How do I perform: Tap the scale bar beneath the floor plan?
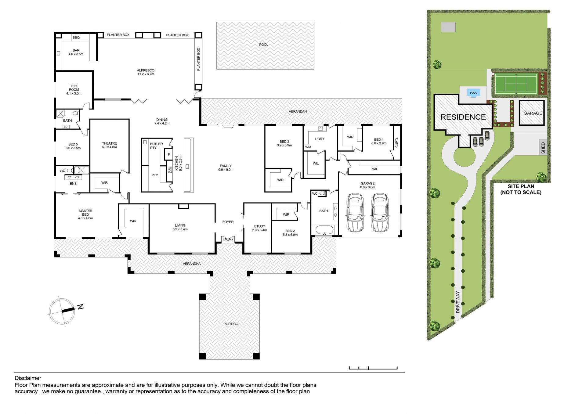tap(373, 368)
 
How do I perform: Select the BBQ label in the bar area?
tap(76, 38)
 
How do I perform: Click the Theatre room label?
tap(109, 143)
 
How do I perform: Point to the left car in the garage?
tap(355, 213)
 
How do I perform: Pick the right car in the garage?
tap(380, 213)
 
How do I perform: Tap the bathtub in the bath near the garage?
tap(325, 230)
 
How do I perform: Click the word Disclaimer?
tap(28, 378)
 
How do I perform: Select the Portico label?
tap(231, 324)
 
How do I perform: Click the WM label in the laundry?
tap(308, 147)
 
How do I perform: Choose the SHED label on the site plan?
tap(543, 148)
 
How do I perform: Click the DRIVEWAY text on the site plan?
tap(458, 302)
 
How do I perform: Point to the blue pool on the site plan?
tap(473, 93)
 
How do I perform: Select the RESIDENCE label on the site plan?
tap(463, 117)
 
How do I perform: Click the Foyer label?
tap(228, 222)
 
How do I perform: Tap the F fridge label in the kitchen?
tap(169, 154)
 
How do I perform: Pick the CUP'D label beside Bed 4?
tap(397, 143)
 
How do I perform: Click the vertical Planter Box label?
tap(198, 59)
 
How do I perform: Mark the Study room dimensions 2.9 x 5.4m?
tap(259, 230)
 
